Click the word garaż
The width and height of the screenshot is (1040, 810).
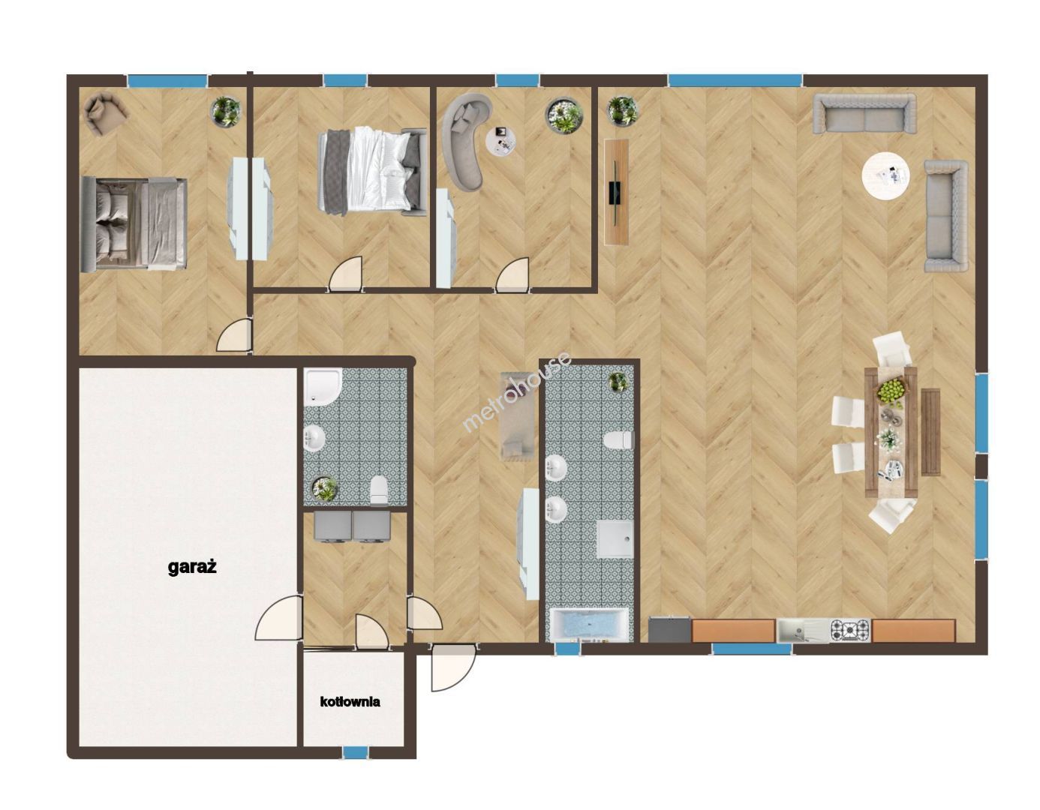(192, 568)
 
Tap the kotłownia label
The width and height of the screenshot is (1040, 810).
(350, 701)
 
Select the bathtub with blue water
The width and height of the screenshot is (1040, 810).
(588, 625)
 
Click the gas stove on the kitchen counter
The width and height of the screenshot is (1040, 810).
(849, 630)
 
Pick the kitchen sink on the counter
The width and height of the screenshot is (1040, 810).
(803, 630)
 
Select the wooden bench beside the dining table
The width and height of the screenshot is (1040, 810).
(930, 432)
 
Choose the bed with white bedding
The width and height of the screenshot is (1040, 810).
(372, 172)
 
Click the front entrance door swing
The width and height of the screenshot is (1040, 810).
(452, 667)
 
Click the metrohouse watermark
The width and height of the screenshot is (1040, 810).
(517, 392)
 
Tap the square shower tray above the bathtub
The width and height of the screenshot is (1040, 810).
(615, 539)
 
